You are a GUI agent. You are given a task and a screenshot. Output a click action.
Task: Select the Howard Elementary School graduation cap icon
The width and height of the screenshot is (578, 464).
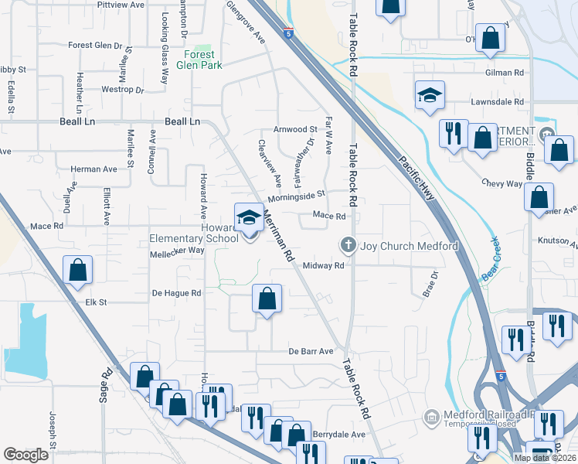[249, 218]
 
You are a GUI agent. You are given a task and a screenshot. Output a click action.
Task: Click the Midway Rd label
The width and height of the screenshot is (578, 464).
[323, 265]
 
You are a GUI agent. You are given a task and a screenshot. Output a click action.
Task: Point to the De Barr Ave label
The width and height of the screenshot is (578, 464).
[311, 351]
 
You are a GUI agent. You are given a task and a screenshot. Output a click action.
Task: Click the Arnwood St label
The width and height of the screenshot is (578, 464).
[295, 129]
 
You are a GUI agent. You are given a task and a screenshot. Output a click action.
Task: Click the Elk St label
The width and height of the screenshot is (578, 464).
[95, 302]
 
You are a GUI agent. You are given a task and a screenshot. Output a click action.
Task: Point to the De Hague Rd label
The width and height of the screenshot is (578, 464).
[176, 293]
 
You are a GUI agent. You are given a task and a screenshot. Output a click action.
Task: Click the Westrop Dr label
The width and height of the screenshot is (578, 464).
[123, 90]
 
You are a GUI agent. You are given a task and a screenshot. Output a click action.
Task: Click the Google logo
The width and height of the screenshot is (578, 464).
[25, 455]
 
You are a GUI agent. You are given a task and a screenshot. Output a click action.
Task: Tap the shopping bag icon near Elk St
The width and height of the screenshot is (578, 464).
[77, 271]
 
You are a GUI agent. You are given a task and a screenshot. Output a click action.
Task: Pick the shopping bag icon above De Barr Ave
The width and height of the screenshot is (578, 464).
[267, 299]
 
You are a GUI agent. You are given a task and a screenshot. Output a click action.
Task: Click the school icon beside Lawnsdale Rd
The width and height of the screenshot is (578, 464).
[430, 96]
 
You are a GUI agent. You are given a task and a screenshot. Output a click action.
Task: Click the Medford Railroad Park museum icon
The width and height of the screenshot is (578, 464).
[430, 418]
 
